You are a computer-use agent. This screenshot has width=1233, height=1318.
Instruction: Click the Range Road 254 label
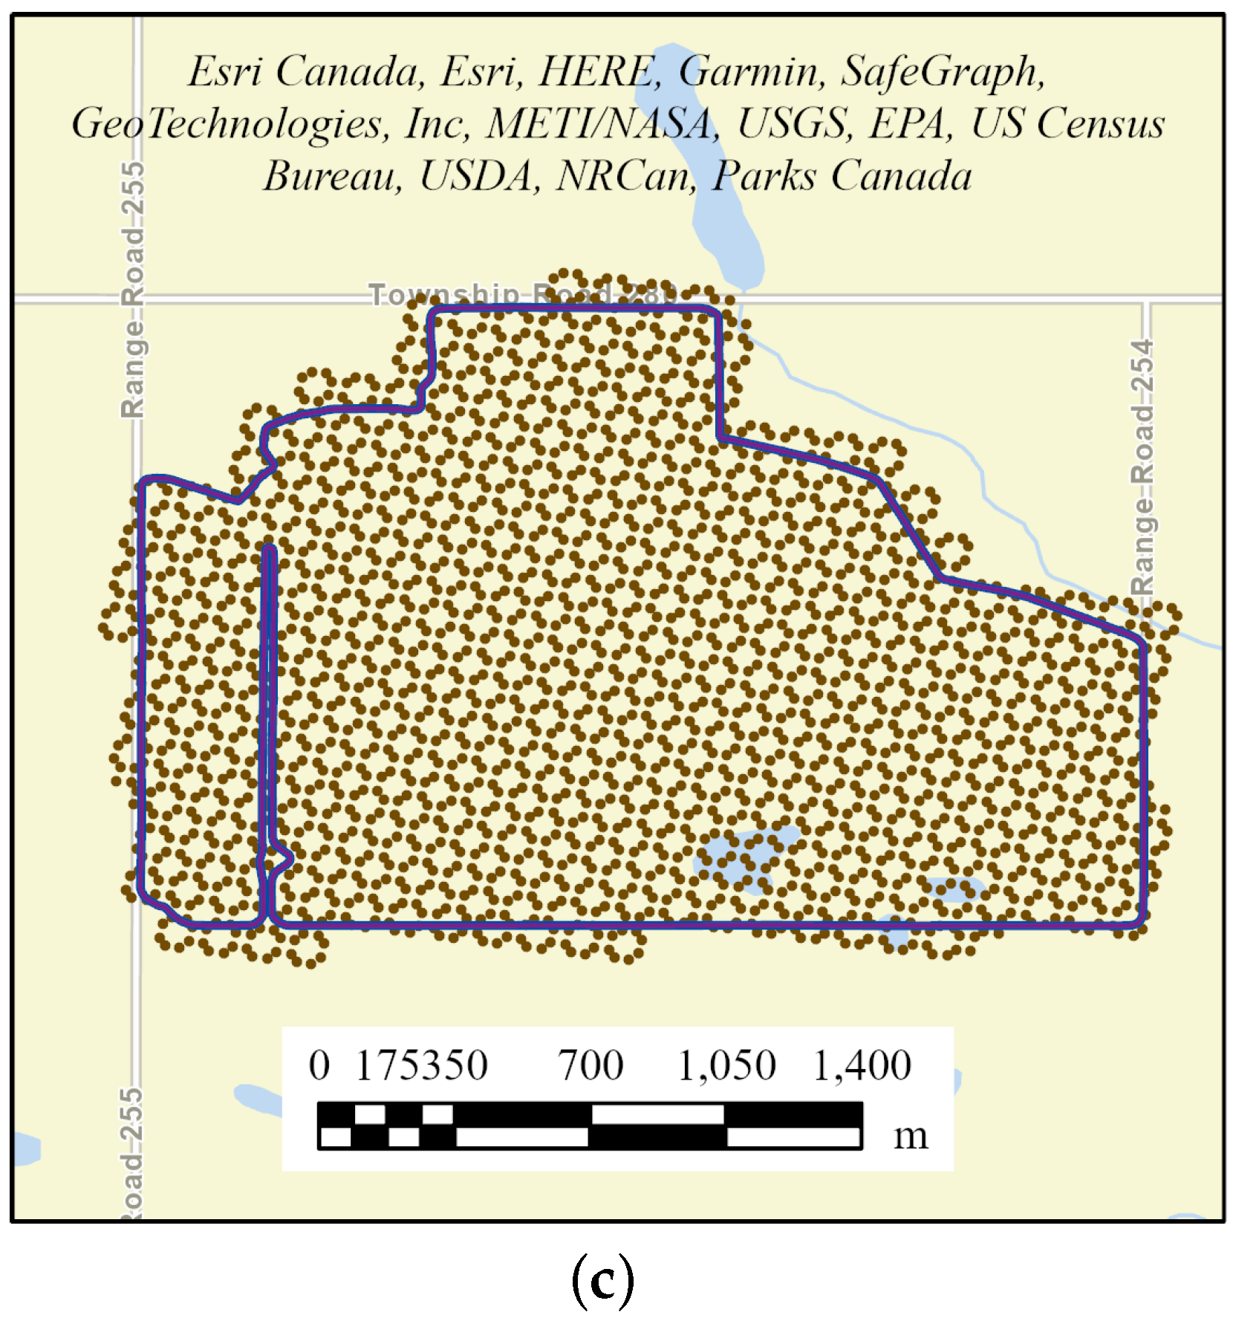[1142, 467]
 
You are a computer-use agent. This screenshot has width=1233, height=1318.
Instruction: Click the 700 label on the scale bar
[591, 1065]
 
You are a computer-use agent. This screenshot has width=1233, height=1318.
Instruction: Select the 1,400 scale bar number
[862, 1065]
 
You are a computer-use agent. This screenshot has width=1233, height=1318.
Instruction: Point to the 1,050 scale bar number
[726, 1065]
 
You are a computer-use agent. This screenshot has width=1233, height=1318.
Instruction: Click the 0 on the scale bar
[319, 1065]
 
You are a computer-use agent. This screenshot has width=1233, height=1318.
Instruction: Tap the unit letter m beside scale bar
[911, 1136]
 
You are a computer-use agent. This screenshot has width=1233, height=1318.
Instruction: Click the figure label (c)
[602, 1279]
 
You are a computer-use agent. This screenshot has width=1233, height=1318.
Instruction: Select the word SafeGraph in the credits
[943, 72]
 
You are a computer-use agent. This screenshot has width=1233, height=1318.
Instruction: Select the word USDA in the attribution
[480, 176]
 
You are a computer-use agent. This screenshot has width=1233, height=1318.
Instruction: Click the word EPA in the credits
[911, 123]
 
